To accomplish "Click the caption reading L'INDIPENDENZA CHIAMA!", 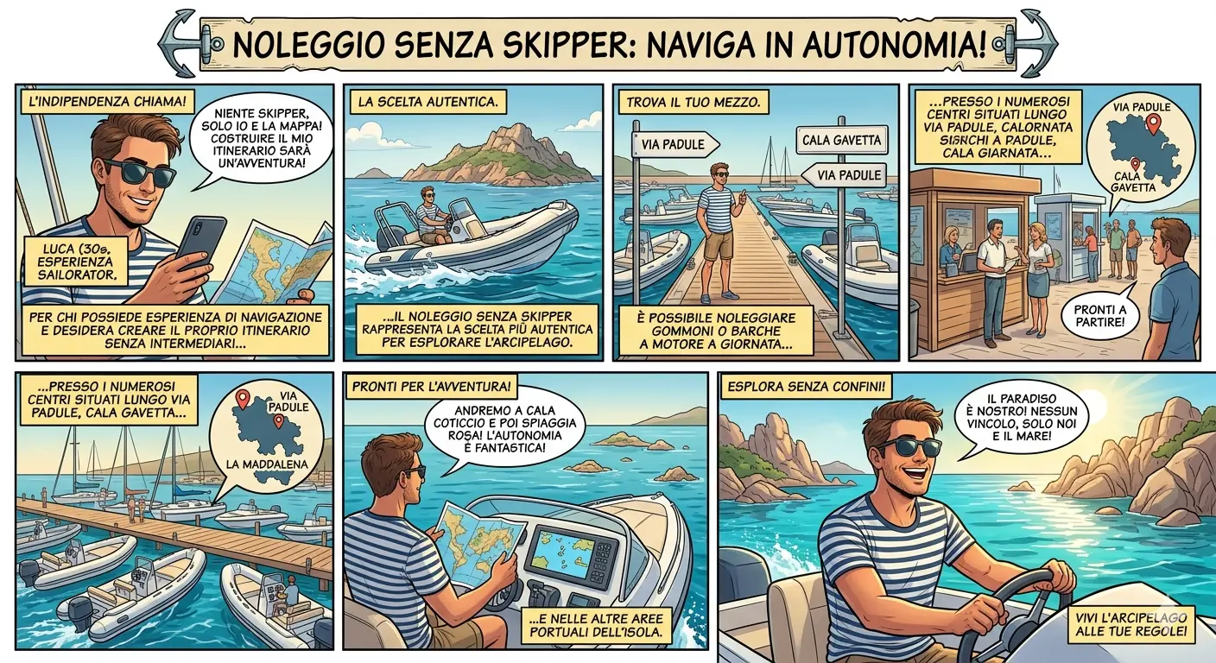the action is [x=107, y=102].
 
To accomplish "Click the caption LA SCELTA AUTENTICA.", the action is [x=427, y=102].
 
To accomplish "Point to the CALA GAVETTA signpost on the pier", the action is [x=841, y=140].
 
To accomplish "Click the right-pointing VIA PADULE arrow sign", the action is [x=675, y=144].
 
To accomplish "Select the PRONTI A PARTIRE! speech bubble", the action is [x=1099, y=315].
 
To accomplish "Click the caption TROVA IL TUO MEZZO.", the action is [x=693, y=102].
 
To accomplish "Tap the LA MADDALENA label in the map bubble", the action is [x=267, y=464].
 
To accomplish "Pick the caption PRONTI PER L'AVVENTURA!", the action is [x=431, y=387].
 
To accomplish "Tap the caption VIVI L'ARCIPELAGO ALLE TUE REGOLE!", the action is [x=1130, y=624].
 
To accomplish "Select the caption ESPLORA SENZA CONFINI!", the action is [x=806, y=387].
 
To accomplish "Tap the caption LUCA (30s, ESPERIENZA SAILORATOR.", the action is [x=77, y=261].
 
